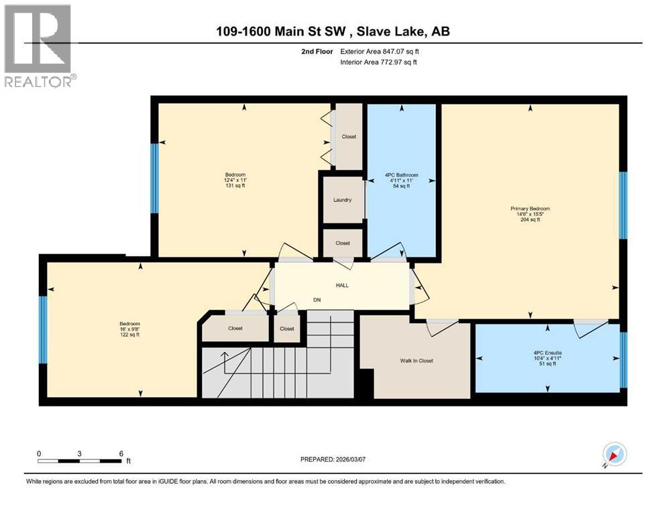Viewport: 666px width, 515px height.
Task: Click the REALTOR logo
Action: (x=38, y=46)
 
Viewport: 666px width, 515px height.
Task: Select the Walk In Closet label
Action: (x=417, y=361)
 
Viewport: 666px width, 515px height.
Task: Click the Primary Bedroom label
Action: (x=530, y=209)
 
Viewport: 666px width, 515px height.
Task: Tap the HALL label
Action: (x=342, y=285)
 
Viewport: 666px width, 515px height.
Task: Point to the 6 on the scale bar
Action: (x=121, y=454)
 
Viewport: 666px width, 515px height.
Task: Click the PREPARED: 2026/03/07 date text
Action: (x=333, y=459)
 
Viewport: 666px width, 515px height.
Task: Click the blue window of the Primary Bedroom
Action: (x=622, y=205)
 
